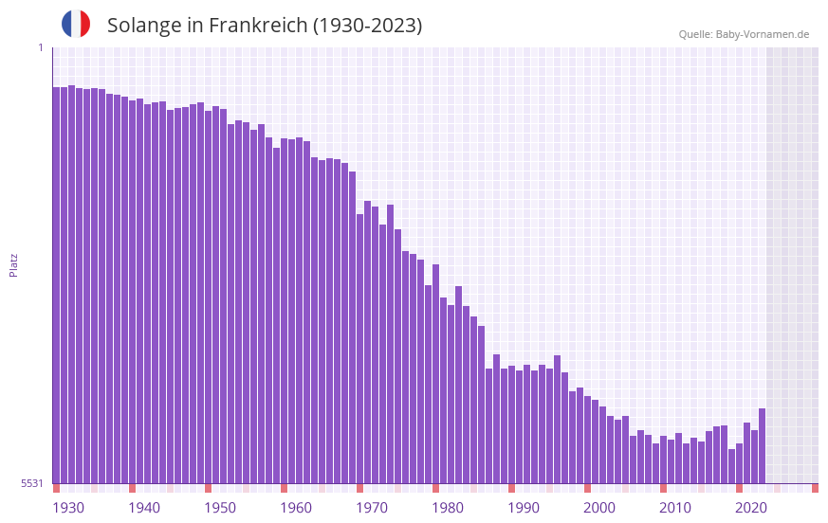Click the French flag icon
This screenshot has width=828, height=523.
76,24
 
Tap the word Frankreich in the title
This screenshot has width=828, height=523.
257,25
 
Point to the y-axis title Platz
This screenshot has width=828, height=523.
13,264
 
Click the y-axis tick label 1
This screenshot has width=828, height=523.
40,47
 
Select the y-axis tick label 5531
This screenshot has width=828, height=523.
32,483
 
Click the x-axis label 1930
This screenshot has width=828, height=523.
68,508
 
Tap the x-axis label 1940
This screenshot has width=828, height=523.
144,508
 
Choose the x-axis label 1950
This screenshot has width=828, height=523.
220,508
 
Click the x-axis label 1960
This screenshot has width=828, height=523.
296,508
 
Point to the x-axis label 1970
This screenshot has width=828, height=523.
372,508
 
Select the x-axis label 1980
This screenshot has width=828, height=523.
448,508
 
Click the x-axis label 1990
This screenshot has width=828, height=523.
524,508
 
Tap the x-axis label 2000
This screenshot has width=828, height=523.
599,508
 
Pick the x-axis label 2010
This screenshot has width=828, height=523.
675,508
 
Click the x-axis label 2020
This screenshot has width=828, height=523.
751,508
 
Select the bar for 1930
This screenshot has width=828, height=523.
56,284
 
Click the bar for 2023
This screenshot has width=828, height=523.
762,445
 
